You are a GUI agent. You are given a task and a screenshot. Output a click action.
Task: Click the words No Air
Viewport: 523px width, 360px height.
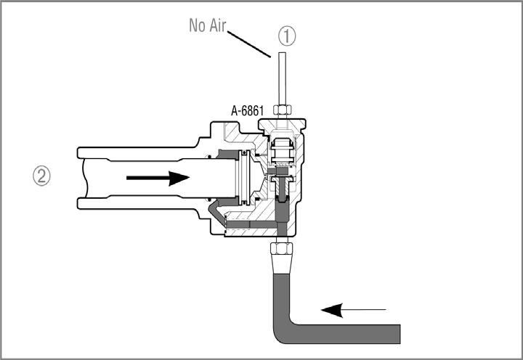click(x=208, y=25)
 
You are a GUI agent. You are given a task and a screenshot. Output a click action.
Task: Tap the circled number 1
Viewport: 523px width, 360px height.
click(x=287, y=36)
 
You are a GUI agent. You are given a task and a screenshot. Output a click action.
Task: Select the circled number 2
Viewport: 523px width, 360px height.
click(x=41, y=176)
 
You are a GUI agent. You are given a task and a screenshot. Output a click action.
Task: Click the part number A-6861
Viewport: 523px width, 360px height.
click(x=247, y=110)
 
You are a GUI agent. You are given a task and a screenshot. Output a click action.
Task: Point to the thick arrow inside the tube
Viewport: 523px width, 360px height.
click(x=158, y=178)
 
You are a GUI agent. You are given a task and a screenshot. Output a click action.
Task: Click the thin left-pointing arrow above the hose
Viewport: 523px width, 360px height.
click(x=354, y=310)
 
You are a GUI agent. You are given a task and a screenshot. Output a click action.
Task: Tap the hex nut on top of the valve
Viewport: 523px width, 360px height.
click(x=282, y=110)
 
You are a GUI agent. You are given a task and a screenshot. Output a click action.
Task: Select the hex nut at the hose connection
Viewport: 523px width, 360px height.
click(x=282, y=249)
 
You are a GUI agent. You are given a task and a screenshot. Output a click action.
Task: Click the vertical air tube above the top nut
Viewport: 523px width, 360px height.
click(x=282, y=78)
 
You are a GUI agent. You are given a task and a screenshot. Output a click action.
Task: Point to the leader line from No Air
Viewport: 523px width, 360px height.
click(x=249, y=44)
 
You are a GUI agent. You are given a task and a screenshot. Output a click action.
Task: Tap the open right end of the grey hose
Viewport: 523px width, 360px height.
click(x=400, y=334)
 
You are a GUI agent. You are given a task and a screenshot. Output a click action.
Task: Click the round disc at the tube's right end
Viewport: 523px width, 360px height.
click(x=244, y=177)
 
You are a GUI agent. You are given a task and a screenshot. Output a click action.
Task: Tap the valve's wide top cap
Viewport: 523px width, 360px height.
click(x=282, y=125)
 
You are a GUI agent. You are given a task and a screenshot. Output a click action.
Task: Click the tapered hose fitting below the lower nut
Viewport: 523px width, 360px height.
click(x=282, y=264)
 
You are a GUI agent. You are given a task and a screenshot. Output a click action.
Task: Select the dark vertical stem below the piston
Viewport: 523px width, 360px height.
click(x=282, y=200)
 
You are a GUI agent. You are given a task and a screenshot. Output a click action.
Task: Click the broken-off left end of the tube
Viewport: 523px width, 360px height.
click(x=85, y=178)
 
